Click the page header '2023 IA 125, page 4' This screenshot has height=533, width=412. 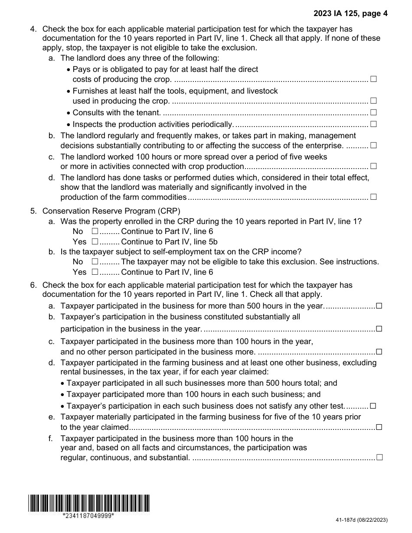351,13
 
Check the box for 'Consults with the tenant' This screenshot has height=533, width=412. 373,112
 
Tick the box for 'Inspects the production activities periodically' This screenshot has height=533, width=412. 373,124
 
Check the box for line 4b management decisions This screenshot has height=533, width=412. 373,145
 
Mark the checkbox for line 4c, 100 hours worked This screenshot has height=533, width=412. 373,166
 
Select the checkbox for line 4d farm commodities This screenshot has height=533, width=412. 373,197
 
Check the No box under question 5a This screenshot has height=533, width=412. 95,231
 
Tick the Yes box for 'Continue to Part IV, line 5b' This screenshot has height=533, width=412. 95,242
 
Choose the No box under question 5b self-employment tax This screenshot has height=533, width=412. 95,262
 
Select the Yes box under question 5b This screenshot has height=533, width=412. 95,272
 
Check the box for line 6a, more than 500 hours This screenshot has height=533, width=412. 379,306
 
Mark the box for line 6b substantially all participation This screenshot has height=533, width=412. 379,328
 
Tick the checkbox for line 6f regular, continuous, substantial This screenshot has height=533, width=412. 379,457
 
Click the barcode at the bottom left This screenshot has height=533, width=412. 89,503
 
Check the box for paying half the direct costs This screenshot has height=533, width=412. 373,79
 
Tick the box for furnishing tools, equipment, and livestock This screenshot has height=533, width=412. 373,101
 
